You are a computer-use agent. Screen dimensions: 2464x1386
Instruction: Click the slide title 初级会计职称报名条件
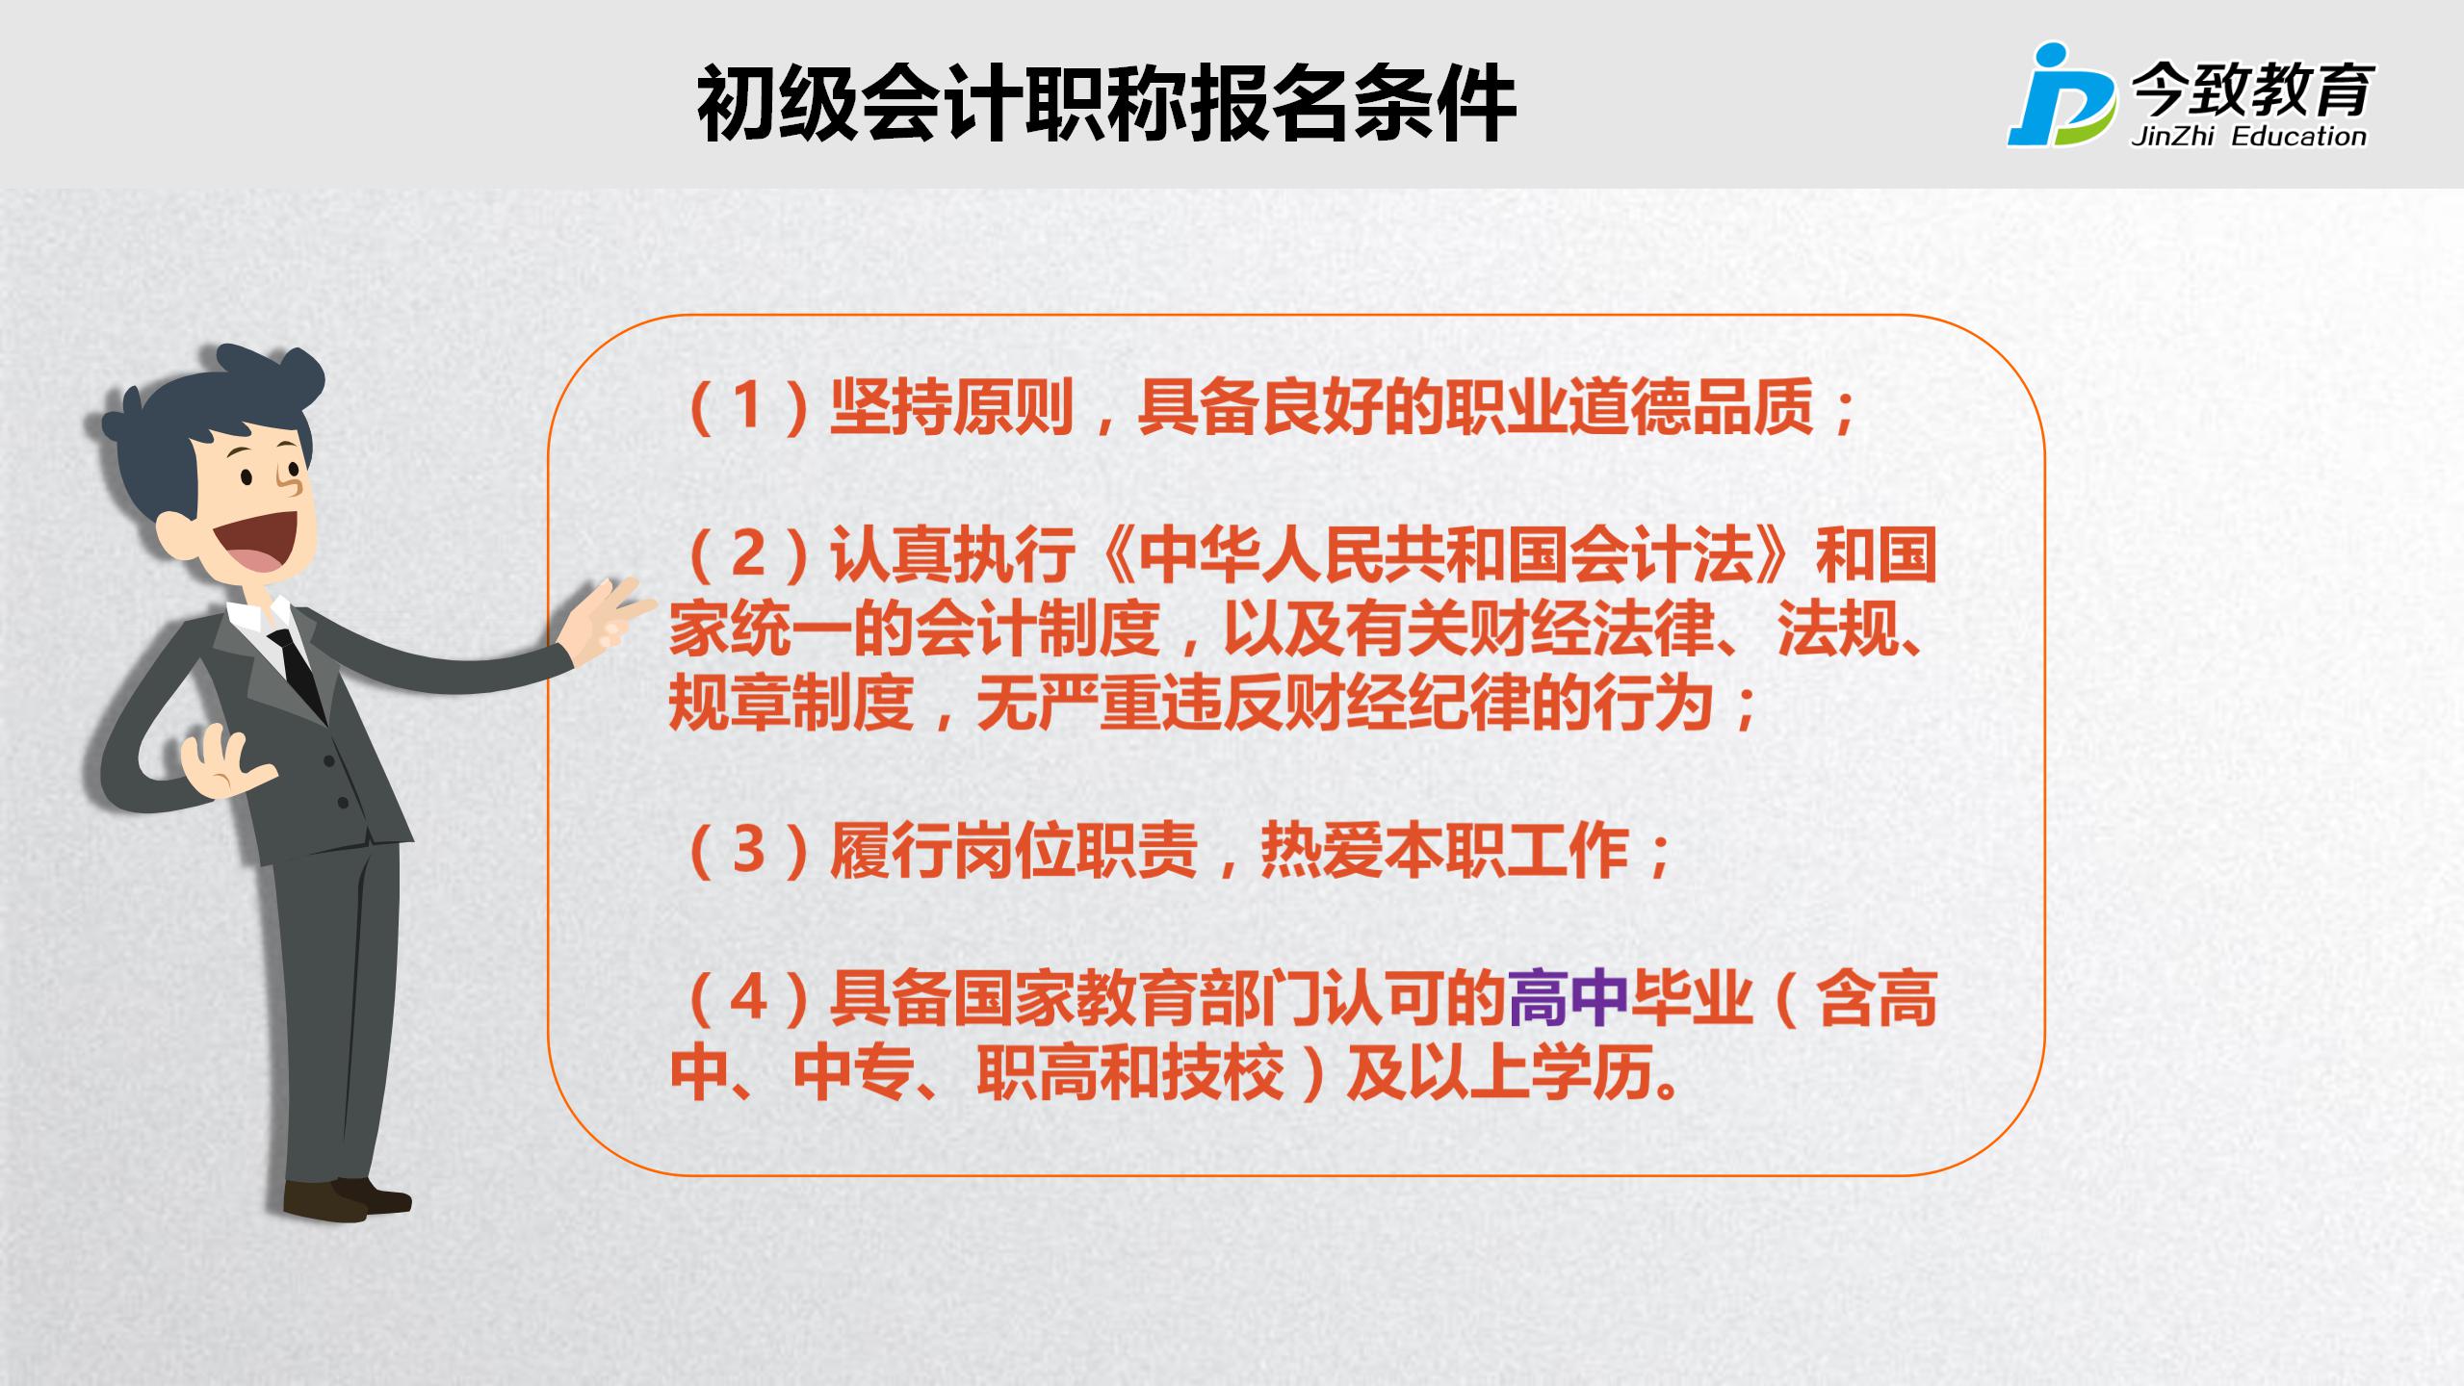point(1106,104)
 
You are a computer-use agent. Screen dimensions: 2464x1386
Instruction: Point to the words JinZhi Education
point(2248,137)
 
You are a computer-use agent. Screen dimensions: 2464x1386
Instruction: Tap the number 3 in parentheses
point(748,851)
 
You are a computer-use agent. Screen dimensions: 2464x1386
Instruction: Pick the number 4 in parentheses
point(748,998)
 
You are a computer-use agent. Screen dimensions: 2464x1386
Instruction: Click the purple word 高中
point(1568,998)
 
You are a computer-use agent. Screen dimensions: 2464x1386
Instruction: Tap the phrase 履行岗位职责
point(1014,851)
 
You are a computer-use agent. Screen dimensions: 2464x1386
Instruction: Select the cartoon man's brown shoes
point(347,1197)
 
